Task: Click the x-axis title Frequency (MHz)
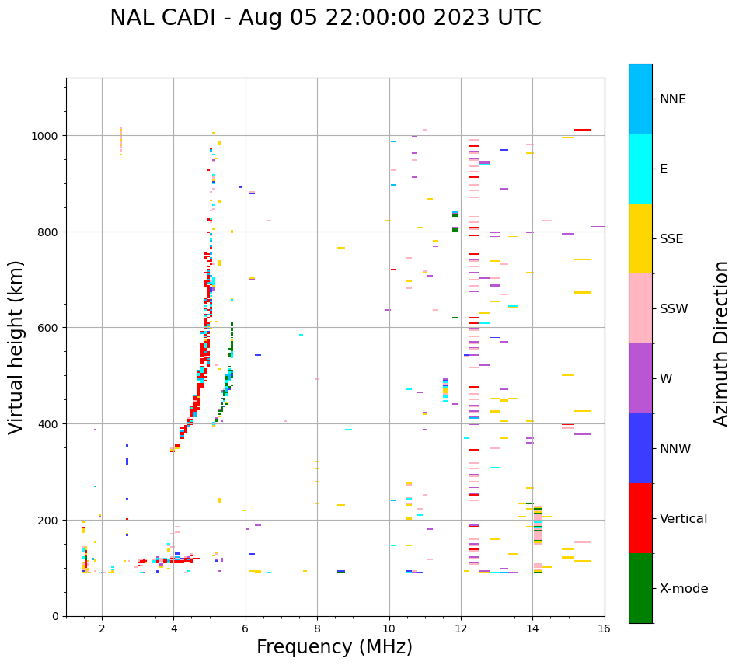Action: point(334,647)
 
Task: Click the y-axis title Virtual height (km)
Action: point(16,346)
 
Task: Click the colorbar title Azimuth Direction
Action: point(722,343)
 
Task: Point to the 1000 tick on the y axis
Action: point(47,136)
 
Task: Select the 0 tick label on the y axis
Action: point(54,616)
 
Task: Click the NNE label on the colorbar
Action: point(673,99)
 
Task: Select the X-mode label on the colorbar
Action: point(684,589)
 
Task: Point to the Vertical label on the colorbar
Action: point(684,519)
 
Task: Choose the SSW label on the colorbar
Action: point(674,309)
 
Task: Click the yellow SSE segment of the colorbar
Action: point(640,238)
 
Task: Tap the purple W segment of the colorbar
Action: point(640,378)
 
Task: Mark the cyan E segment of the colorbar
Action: point(640,169)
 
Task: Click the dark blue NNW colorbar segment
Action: point(640,448)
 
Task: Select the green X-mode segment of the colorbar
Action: point(640,588)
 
